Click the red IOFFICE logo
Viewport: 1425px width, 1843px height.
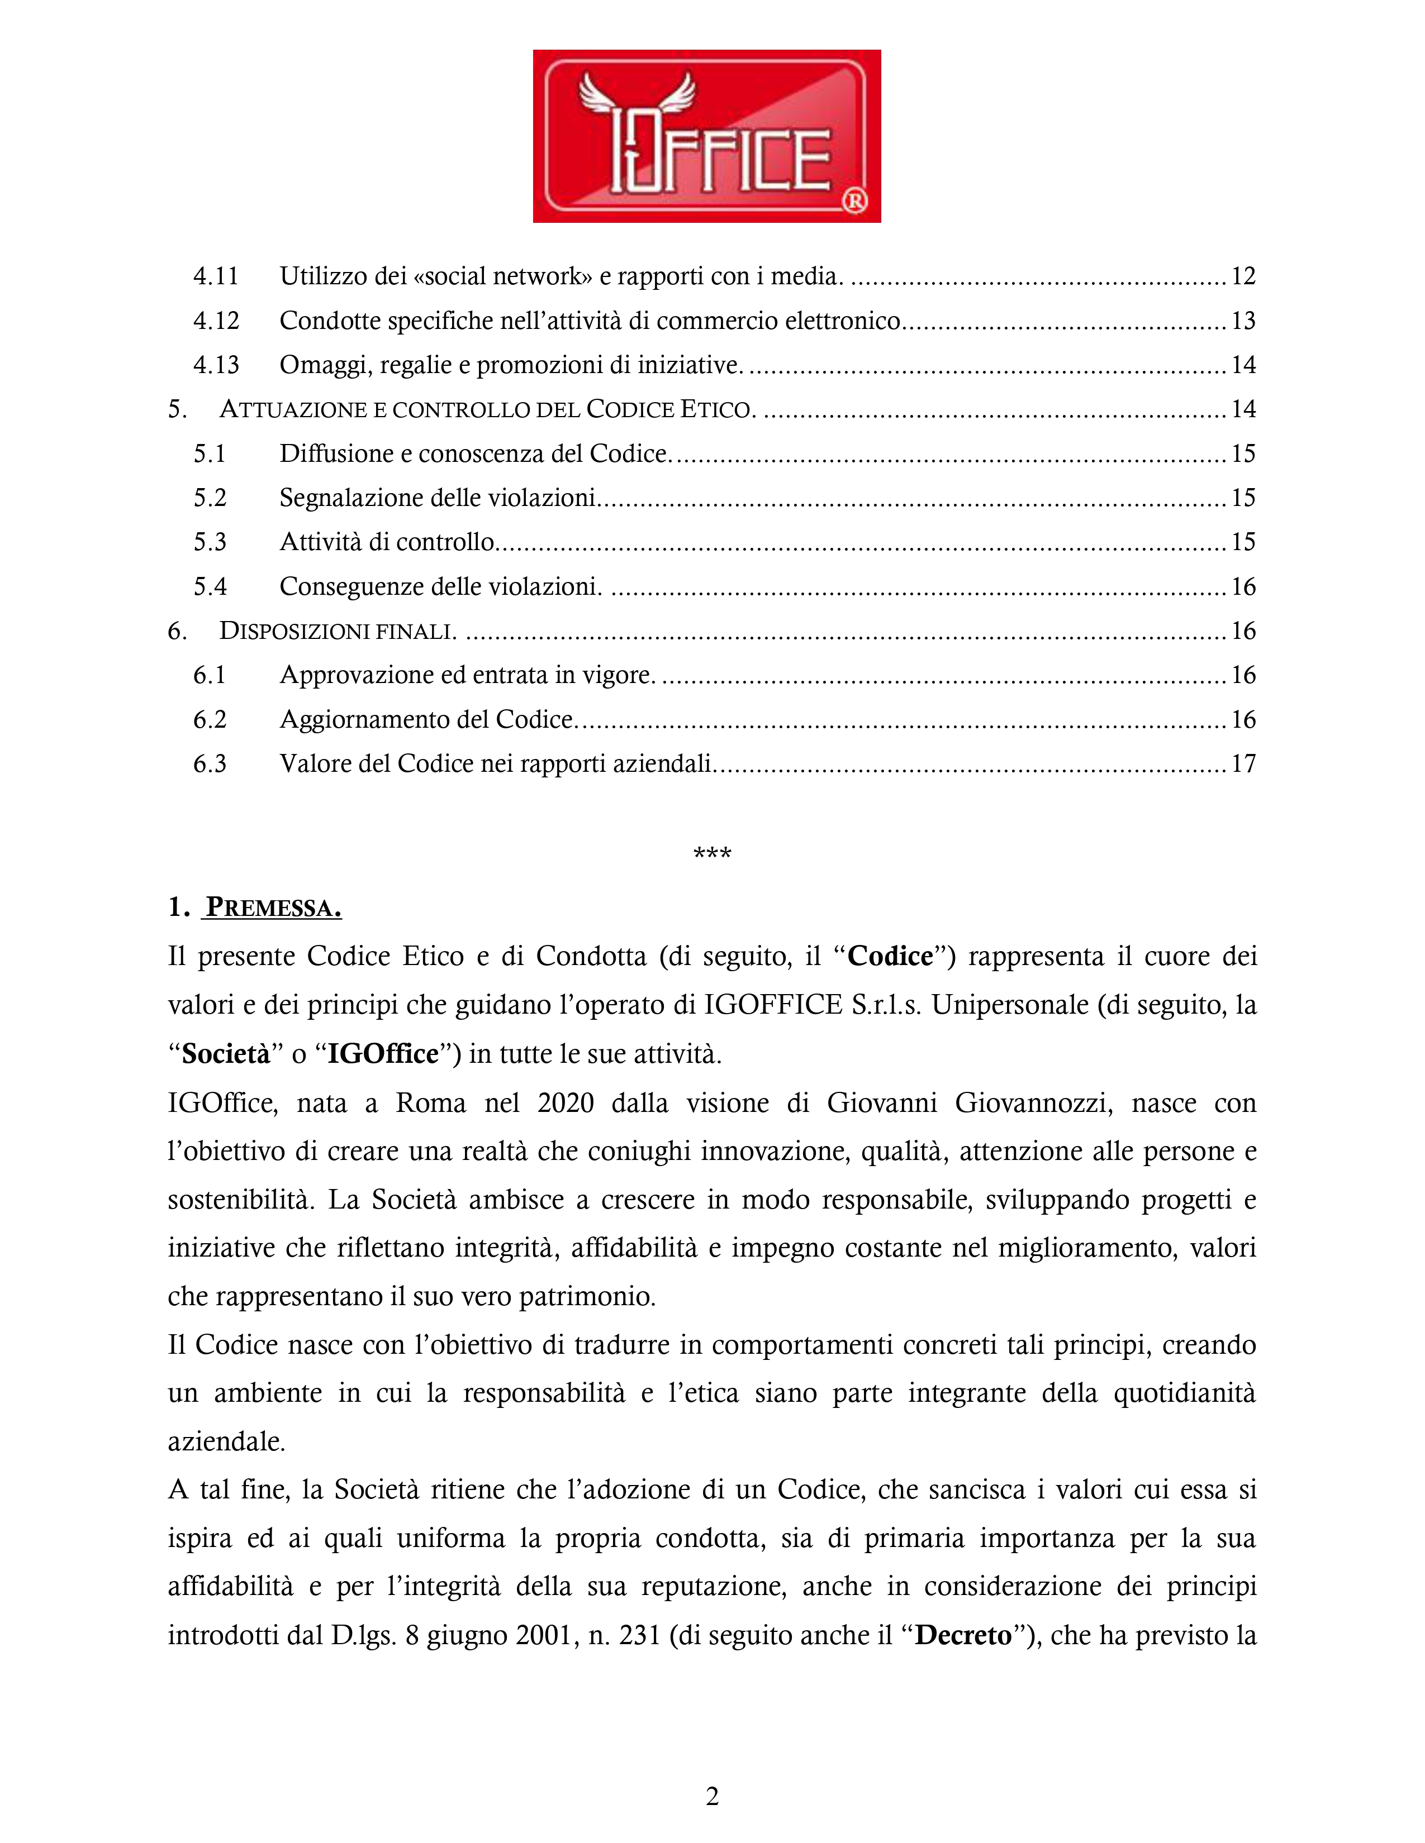tap(706, 136)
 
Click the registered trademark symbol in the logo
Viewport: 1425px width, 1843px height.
tap(855, 201)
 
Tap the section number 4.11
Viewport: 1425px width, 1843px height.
tap(216, 276)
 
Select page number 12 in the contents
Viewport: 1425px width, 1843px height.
tap(1243, 276)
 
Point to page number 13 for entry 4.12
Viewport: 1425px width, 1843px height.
tap(1243, 321)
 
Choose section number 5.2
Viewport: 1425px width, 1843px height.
tap(210, 498)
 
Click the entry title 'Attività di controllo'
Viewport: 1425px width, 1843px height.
tap(387, 542)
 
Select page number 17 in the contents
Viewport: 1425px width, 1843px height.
tap(1243, 763)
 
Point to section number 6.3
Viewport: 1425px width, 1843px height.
tap(210, 763)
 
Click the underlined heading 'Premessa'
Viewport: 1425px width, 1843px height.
tap(273, 908)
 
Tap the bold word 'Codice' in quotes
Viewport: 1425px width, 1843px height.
tap(890, 956)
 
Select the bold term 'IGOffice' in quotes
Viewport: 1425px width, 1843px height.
tap(383, 1054)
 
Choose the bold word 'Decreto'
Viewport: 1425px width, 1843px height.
tap(963, 1635)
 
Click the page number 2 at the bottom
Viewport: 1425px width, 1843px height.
tap(711, 1797)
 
